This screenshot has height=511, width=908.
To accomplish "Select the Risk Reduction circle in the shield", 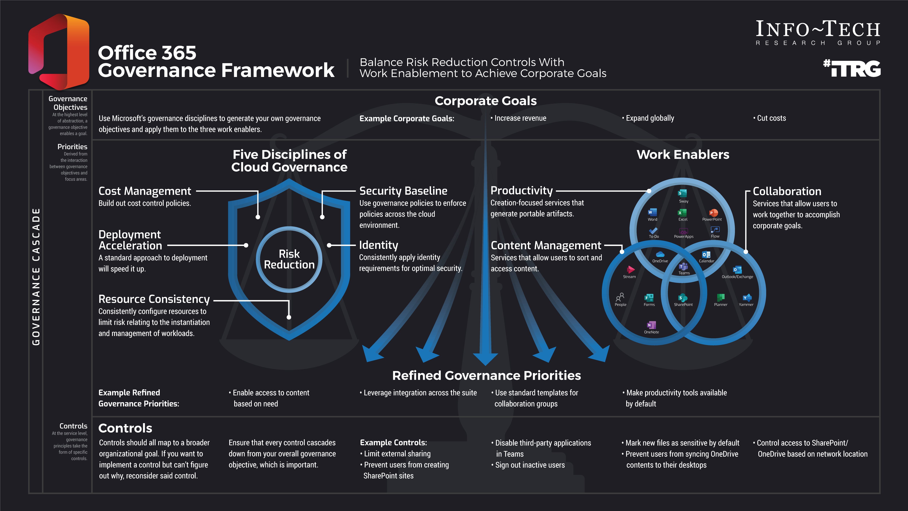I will tap(289, 259).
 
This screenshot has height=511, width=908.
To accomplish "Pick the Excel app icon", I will tap(682, 213).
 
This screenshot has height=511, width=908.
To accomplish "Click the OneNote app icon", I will tap(651, 325).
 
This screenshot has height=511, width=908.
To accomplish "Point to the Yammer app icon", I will tap(746, 298).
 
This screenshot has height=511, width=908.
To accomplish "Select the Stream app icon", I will tap(630, 270).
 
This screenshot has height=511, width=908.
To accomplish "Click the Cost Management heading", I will tap(145, 191).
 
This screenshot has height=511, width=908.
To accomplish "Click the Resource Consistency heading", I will tap(154, 299).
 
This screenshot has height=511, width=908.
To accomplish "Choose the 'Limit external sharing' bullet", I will tap(397, 454).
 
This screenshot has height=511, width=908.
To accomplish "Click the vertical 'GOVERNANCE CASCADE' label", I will tap(36, 277).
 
